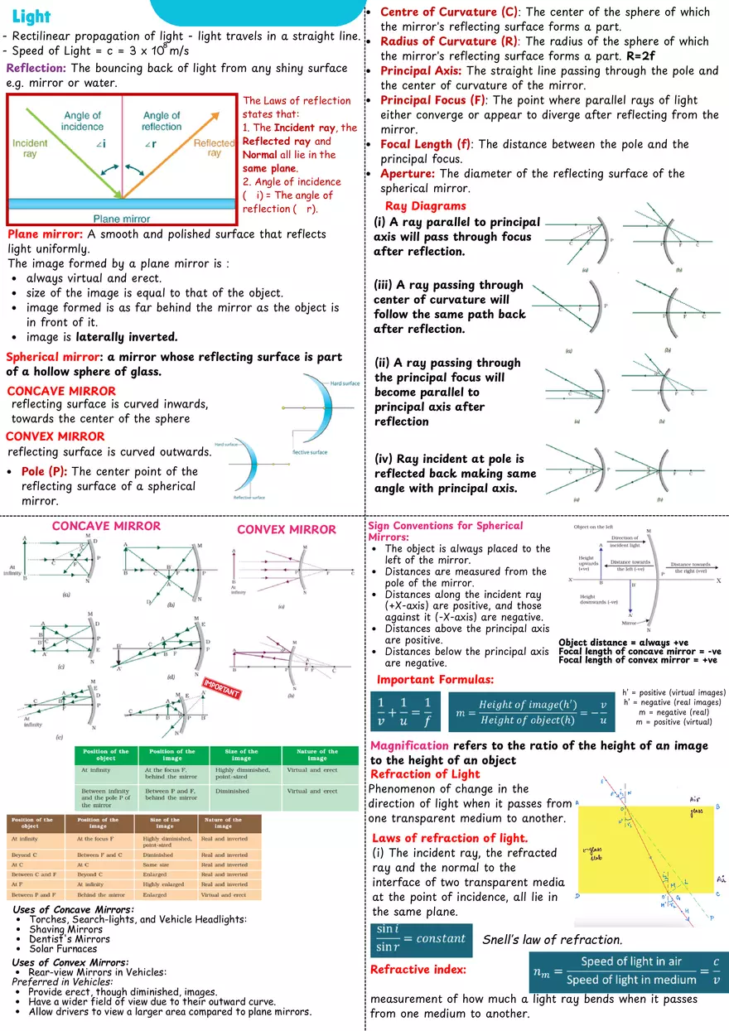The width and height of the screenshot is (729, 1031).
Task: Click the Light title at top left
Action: coord(31,17)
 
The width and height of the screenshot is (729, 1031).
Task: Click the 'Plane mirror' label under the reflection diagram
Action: coord(121,219)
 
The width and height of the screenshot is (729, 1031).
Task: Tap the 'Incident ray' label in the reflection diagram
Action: coord(30,149)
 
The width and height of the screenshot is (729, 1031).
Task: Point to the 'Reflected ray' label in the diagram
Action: coord(214,148)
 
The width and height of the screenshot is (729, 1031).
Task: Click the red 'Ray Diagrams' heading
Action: coord(425,206)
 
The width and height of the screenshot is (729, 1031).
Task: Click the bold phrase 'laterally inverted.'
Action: coord(126,337)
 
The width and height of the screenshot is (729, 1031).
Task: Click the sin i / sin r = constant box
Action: coord(421,939)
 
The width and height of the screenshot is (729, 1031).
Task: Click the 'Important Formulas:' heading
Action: coord(435,680)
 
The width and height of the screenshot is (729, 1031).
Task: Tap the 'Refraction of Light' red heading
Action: coord(425,774)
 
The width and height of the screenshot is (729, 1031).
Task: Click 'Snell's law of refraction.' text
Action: coord(552,940)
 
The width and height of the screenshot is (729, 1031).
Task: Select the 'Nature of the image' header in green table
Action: coord(317,754)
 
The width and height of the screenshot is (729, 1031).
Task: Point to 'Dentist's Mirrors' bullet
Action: coord(70,939)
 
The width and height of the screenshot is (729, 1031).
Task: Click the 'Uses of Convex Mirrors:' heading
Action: coord(70,962)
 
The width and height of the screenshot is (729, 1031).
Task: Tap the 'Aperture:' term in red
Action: coord(408,173)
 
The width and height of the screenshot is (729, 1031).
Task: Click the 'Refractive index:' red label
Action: coord(418,969)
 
